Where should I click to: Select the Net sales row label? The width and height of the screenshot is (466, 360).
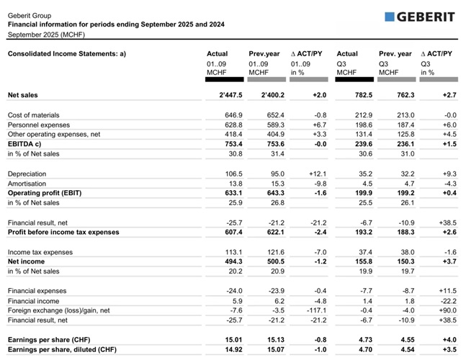pyautogui.click(x=23, y=95)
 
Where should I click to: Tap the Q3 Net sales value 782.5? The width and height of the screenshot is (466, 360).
pyautogui.click(x=347, y=95)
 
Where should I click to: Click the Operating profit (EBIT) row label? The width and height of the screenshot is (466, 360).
pyautogui.click(x=45, y=193)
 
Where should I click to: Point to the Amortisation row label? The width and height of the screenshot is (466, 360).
pyautogui.click(x=27, y=184)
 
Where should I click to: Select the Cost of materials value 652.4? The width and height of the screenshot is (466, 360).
pyautogui.click(x=261, y=115)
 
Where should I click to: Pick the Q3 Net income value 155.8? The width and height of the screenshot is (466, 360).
pyautogui.click(x=347, y=261)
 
